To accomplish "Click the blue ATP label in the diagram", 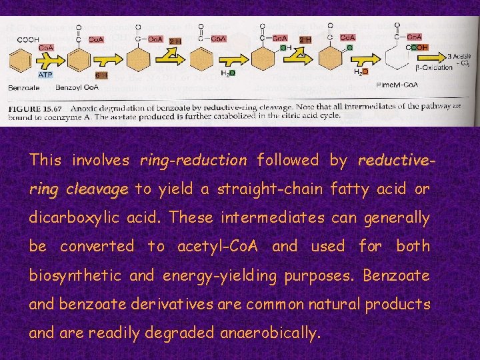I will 45,75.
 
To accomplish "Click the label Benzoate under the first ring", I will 24,87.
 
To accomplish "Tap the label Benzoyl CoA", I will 77,87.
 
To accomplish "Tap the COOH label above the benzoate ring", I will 28,39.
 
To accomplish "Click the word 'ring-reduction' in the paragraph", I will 193,161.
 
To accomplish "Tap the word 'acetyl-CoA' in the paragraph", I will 221,247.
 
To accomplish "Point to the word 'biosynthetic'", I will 75,275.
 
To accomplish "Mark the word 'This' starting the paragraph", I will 45,161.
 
